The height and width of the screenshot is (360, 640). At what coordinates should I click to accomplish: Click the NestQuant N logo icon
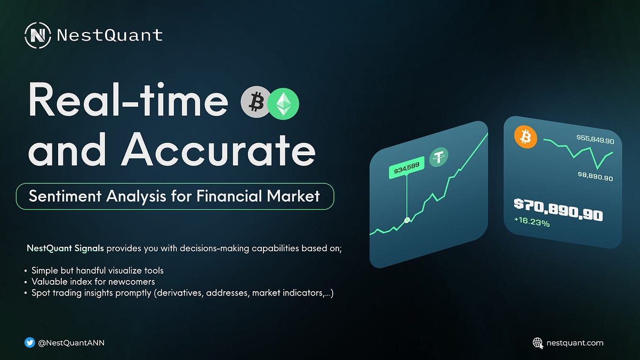click(37, 36)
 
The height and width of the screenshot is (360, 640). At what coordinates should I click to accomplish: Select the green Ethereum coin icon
click(283, 103)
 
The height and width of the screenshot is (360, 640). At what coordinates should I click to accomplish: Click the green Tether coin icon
click(439, 157)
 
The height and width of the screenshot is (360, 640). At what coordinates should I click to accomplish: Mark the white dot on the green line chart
click(407, 220)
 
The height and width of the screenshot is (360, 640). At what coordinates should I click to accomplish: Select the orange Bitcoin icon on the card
click(525, 138)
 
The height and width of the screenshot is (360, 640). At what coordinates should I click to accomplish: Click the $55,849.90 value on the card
click(595, 140)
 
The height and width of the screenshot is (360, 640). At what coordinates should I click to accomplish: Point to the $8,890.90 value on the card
click(595, 177)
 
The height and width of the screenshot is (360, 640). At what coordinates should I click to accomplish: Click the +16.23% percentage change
click(532, 223)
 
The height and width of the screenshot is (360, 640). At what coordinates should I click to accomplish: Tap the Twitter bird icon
click(30, 342)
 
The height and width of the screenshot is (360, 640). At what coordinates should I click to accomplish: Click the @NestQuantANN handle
click(72, 343)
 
